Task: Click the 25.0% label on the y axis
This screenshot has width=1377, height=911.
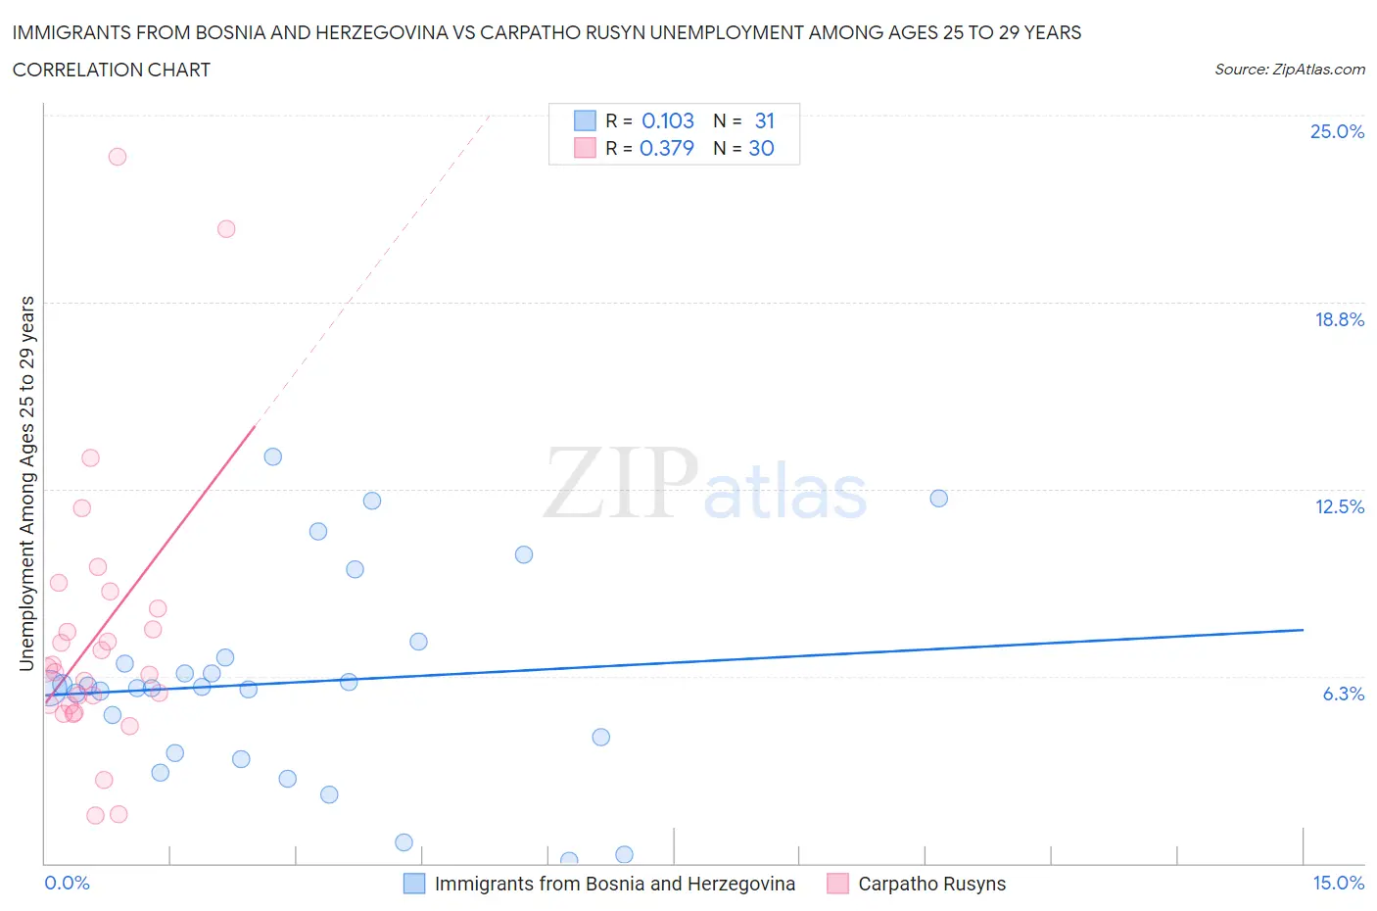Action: (1337, 131)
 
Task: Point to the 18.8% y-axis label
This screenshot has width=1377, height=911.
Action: (1339, 319)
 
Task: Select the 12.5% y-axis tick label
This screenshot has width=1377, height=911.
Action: (1339, 506)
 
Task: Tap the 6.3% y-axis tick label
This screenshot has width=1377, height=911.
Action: (1343, 694)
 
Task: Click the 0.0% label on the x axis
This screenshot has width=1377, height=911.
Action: (67, 883)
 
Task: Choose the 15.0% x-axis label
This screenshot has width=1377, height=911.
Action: (1338, 883)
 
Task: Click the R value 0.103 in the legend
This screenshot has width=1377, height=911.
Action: (667, 120)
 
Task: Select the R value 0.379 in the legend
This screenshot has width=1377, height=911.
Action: (666, 148)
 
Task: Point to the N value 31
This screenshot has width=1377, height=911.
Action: (764, 120)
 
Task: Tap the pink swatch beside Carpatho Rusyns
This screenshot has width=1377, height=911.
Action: (837, 884)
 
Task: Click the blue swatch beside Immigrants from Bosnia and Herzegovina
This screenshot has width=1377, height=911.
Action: (414, 884)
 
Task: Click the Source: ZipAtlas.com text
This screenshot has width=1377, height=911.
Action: (1289, 70)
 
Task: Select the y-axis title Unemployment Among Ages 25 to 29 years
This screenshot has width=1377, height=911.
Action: (26, 484)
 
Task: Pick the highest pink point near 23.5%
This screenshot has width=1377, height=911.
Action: (118, 157)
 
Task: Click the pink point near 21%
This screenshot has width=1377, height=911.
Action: (226, 229)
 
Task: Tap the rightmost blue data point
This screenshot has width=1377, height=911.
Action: (938, 499)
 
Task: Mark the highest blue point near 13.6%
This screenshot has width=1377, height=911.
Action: (273, 456)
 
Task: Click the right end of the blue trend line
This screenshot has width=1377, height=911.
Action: (1303, 630)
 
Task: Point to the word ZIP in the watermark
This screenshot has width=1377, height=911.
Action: (620, 482)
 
